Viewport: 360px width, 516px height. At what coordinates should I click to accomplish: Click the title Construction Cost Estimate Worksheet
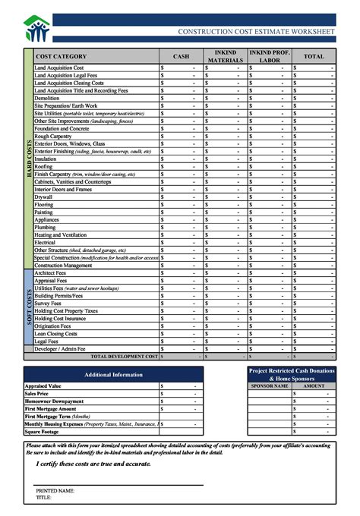pos(255,32)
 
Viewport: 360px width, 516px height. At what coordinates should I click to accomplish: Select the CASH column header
pos(181,57)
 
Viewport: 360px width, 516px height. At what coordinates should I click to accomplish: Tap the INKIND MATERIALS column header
pos(226,57)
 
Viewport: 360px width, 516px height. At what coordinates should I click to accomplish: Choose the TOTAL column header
pos(314,57)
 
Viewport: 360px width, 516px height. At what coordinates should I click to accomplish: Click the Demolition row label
pos(47,99)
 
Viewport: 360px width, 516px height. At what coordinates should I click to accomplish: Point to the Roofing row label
pos(44,167)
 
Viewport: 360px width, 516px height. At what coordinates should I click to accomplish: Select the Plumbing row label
pos(45,228)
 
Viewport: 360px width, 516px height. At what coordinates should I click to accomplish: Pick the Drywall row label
pos(43,197)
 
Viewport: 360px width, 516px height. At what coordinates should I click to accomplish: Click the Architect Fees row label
pos(50,273)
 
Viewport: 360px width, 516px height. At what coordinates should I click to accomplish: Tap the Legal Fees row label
pos(47,341)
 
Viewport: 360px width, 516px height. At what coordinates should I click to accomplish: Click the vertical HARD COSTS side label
pos(30,159)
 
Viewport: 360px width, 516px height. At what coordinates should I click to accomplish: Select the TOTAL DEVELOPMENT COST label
pos(124,356)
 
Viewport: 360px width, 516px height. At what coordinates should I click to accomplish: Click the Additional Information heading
pos(113,374)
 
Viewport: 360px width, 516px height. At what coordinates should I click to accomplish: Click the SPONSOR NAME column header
pos(270,385)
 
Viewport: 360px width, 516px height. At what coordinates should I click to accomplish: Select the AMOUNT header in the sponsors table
pos(314,385)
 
